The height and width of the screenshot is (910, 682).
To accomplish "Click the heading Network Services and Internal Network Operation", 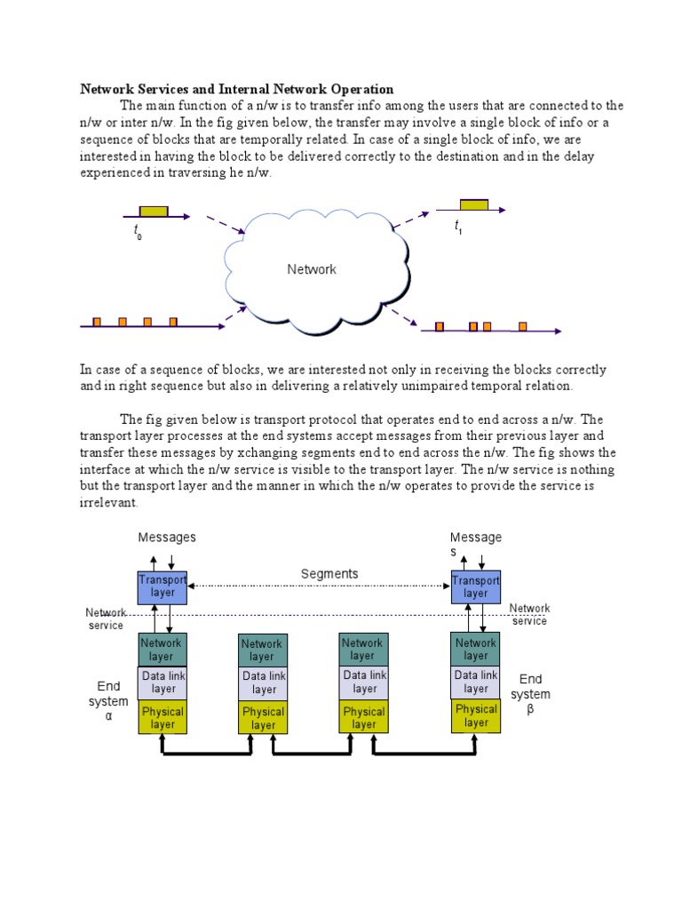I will click(236, 89).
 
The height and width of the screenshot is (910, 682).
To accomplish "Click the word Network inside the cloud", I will click(311, 269).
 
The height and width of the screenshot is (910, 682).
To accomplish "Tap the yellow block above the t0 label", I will click(154, 212).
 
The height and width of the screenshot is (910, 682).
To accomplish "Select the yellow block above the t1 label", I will click(473, 205).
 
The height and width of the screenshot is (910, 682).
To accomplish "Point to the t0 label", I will click(138, 233).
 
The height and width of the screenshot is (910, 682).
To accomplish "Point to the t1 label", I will click(458, 227).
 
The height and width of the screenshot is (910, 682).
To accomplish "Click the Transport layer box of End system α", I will click(163, 587).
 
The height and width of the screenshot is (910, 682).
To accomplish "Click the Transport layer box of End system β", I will click(476, 587).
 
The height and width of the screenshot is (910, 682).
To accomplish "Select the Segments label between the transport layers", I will click(329, 574).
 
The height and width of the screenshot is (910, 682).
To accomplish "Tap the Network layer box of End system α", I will click(163, 650).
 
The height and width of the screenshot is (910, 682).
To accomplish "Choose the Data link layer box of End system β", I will click(476, 682).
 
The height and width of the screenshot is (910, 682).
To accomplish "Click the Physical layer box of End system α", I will click(163, 717).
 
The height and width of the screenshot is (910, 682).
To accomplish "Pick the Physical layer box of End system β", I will click(476, 715).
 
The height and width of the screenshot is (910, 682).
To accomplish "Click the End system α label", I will click(108, 701).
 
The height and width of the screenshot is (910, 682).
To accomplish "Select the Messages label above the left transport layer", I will click(167, 538).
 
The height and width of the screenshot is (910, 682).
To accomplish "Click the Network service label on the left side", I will click(105, 619).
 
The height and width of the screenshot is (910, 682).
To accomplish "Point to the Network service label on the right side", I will click(529, 614).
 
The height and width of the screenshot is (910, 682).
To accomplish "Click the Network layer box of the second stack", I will click(263, 651).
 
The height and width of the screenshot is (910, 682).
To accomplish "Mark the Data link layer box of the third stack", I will click(364, 682).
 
